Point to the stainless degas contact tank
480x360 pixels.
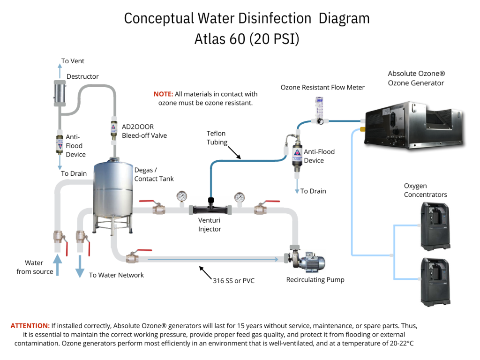tap(112, 192)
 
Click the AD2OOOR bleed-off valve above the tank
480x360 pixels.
tap(113, 130)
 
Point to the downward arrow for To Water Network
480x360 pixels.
tap(80, 266)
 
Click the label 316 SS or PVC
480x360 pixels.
tap(233, 281)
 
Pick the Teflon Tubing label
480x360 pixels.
tap(217, 138)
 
